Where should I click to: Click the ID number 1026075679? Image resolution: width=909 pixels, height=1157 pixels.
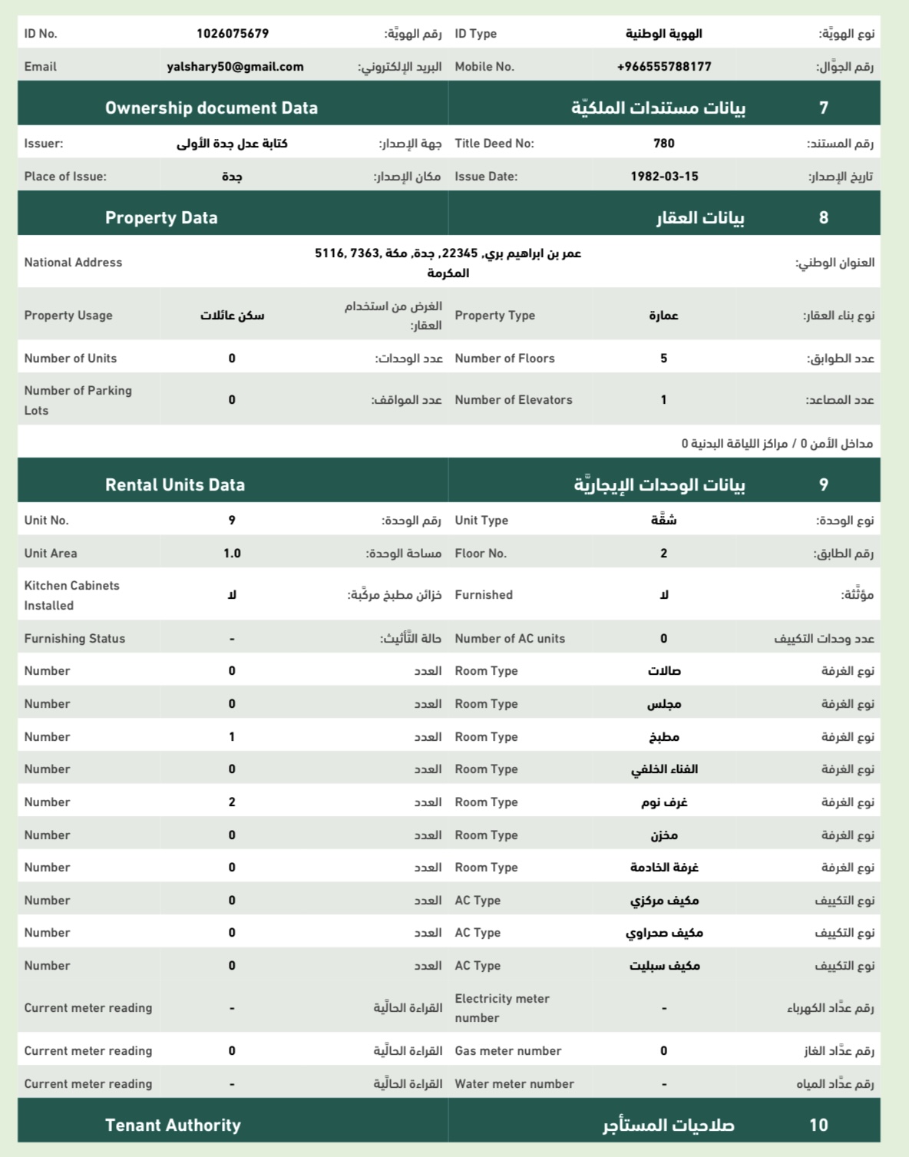coord(233,34)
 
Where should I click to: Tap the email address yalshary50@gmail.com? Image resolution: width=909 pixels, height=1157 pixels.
coord(235,67)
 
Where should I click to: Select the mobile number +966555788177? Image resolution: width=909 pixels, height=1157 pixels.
coord(664,67)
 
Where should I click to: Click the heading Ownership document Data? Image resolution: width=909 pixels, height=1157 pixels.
coord(211,108)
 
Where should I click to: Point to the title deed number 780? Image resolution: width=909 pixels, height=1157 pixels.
coord(664,144)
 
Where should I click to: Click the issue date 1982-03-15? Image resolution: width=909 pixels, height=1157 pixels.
coord(664,177)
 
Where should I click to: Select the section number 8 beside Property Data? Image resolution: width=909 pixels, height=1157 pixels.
coord(823,218)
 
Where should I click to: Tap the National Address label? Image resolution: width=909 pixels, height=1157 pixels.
coord(73,263)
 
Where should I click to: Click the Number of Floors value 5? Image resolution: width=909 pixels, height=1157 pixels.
coord(664,359)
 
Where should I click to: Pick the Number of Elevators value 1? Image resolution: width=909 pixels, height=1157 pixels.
coord(664,400)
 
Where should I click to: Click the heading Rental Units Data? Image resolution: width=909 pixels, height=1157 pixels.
coord(175,485)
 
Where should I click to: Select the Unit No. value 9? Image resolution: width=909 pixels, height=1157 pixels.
coord(232,521)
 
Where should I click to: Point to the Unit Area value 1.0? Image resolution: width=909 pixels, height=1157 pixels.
coord(232,554)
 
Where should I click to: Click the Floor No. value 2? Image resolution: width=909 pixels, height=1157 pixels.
coord(664,554)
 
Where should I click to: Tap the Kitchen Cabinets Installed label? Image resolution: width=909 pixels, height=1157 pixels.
coord(71,595)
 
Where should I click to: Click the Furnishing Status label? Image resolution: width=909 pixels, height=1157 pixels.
coord(74,639)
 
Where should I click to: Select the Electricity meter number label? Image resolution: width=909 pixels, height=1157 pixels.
coord(501,1008)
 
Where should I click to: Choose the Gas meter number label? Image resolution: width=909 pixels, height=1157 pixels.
coord(507,1051)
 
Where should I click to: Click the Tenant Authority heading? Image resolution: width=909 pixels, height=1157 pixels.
coord(173,1126)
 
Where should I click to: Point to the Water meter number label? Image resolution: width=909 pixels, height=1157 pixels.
coord(514,1084)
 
